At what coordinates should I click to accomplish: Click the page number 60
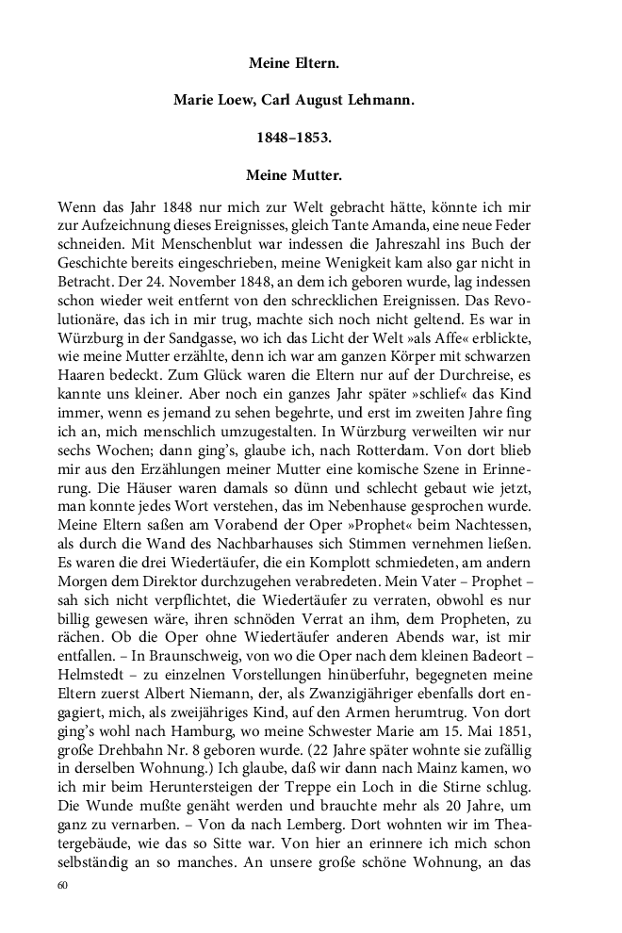(x=63, y=885)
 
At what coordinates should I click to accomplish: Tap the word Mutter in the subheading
(x=317, y=174)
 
